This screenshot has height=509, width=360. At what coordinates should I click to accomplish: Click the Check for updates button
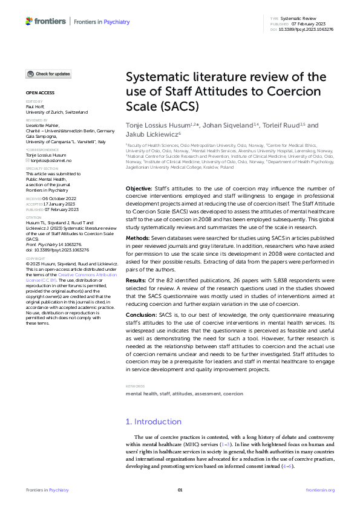(x=48, y=74)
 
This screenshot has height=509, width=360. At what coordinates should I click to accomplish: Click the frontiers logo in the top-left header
(x=45, y=21)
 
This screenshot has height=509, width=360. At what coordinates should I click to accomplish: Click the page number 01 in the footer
(x=180, y=490)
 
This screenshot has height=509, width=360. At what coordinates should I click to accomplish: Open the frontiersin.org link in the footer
(x=320, y=490)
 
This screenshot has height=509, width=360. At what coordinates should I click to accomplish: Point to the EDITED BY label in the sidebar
(x=34, y=102)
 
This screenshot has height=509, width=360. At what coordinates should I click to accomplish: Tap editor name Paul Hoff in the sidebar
(x=36, y=107)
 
